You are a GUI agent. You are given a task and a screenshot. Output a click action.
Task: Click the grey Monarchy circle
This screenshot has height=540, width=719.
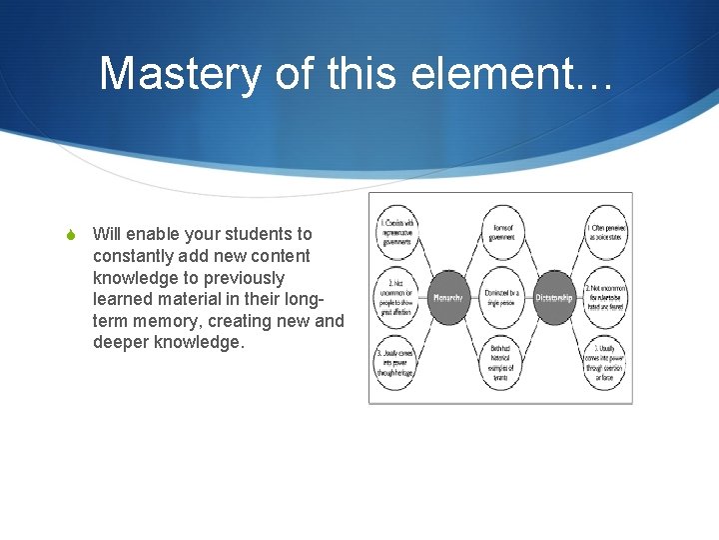pyautogui.click(x=446, y=297)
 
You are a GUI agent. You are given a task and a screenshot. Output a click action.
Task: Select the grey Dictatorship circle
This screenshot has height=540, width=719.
pyautogui.click(x=553, y=297)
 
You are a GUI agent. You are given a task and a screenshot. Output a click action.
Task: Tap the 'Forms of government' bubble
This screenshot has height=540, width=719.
pyautogui.click(x=502, y=233)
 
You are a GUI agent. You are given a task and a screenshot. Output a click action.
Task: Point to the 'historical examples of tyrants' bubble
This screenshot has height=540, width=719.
pyautogui.click(x=501, y=362)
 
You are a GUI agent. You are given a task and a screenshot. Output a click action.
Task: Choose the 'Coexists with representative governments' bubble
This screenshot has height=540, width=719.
pyautogui.click(x=396, y=233)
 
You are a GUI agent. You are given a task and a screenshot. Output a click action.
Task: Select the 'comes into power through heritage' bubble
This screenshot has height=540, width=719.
pyautogui.click(x=396, y=362)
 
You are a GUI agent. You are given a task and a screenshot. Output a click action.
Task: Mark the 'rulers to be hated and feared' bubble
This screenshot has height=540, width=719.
pyautogui.click(x=605, y=297)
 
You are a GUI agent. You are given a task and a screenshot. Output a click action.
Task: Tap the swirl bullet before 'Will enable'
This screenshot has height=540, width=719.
pyautogui.click(x=71, y=235)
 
